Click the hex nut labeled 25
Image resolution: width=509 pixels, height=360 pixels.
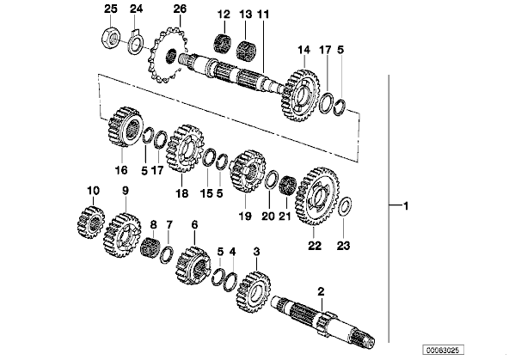coord(111,39)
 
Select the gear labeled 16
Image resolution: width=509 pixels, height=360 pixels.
coord(125,125)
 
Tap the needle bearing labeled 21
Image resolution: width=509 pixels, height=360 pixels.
coord(286,186)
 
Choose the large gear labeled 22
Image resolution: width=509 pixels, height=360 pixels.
coord(317,197)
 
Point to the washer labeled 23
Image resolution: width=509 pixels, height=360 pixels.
coord(345,206)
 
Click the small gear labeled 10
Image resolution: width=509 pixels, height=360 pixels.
coord(90,223)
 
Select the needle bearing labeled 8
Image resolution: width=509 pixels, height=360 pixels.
coord(150,247)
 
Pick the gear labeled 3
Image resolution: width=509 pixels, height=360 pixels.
coord(254,291)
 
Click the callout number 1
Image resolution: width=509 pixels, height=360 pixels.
coord(405,205)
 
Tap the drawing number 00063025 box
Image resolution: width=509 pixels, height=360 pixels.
coord(443,350)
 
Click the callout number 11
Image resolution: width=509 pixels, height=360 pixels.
coord(263,15)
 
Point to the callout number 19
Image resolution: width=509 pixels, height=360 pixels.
coord(245,216)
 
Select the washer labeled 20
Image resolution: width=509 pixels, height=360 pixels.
coord(272,179)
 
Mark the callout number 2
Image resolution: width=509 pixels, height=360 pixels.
coord(321,291)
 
